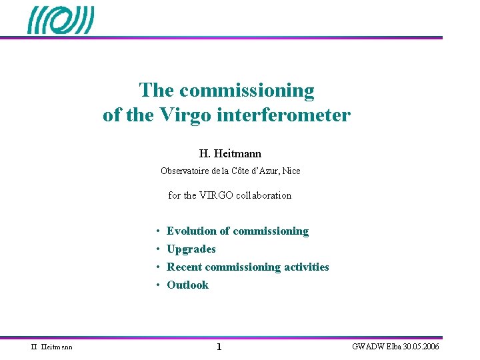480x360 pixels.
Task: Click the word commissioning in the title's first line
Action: coord(247,90)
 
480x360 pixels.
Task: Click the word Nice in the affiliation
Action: coord(291,171)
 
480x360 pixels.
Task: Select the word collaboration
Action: coord(266,195)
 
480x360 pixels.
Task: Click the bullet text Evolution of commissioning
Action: coord(237,231)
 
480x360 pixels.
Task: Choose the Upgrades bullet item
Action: coord(191,249)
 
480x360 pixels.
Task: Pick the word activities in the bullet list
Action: coord(307,267)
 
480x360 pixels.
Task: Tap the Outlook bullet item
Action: coord(187,285)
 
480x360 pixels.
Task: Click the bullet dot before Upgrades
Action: coord(157,249)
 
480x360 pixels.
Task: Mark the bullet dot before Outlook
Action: coord(157,285)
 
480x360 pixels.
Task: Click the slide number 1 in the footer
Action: coord(219,347)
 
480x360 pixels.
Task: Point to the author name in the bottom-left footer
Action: coord(53,347)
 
